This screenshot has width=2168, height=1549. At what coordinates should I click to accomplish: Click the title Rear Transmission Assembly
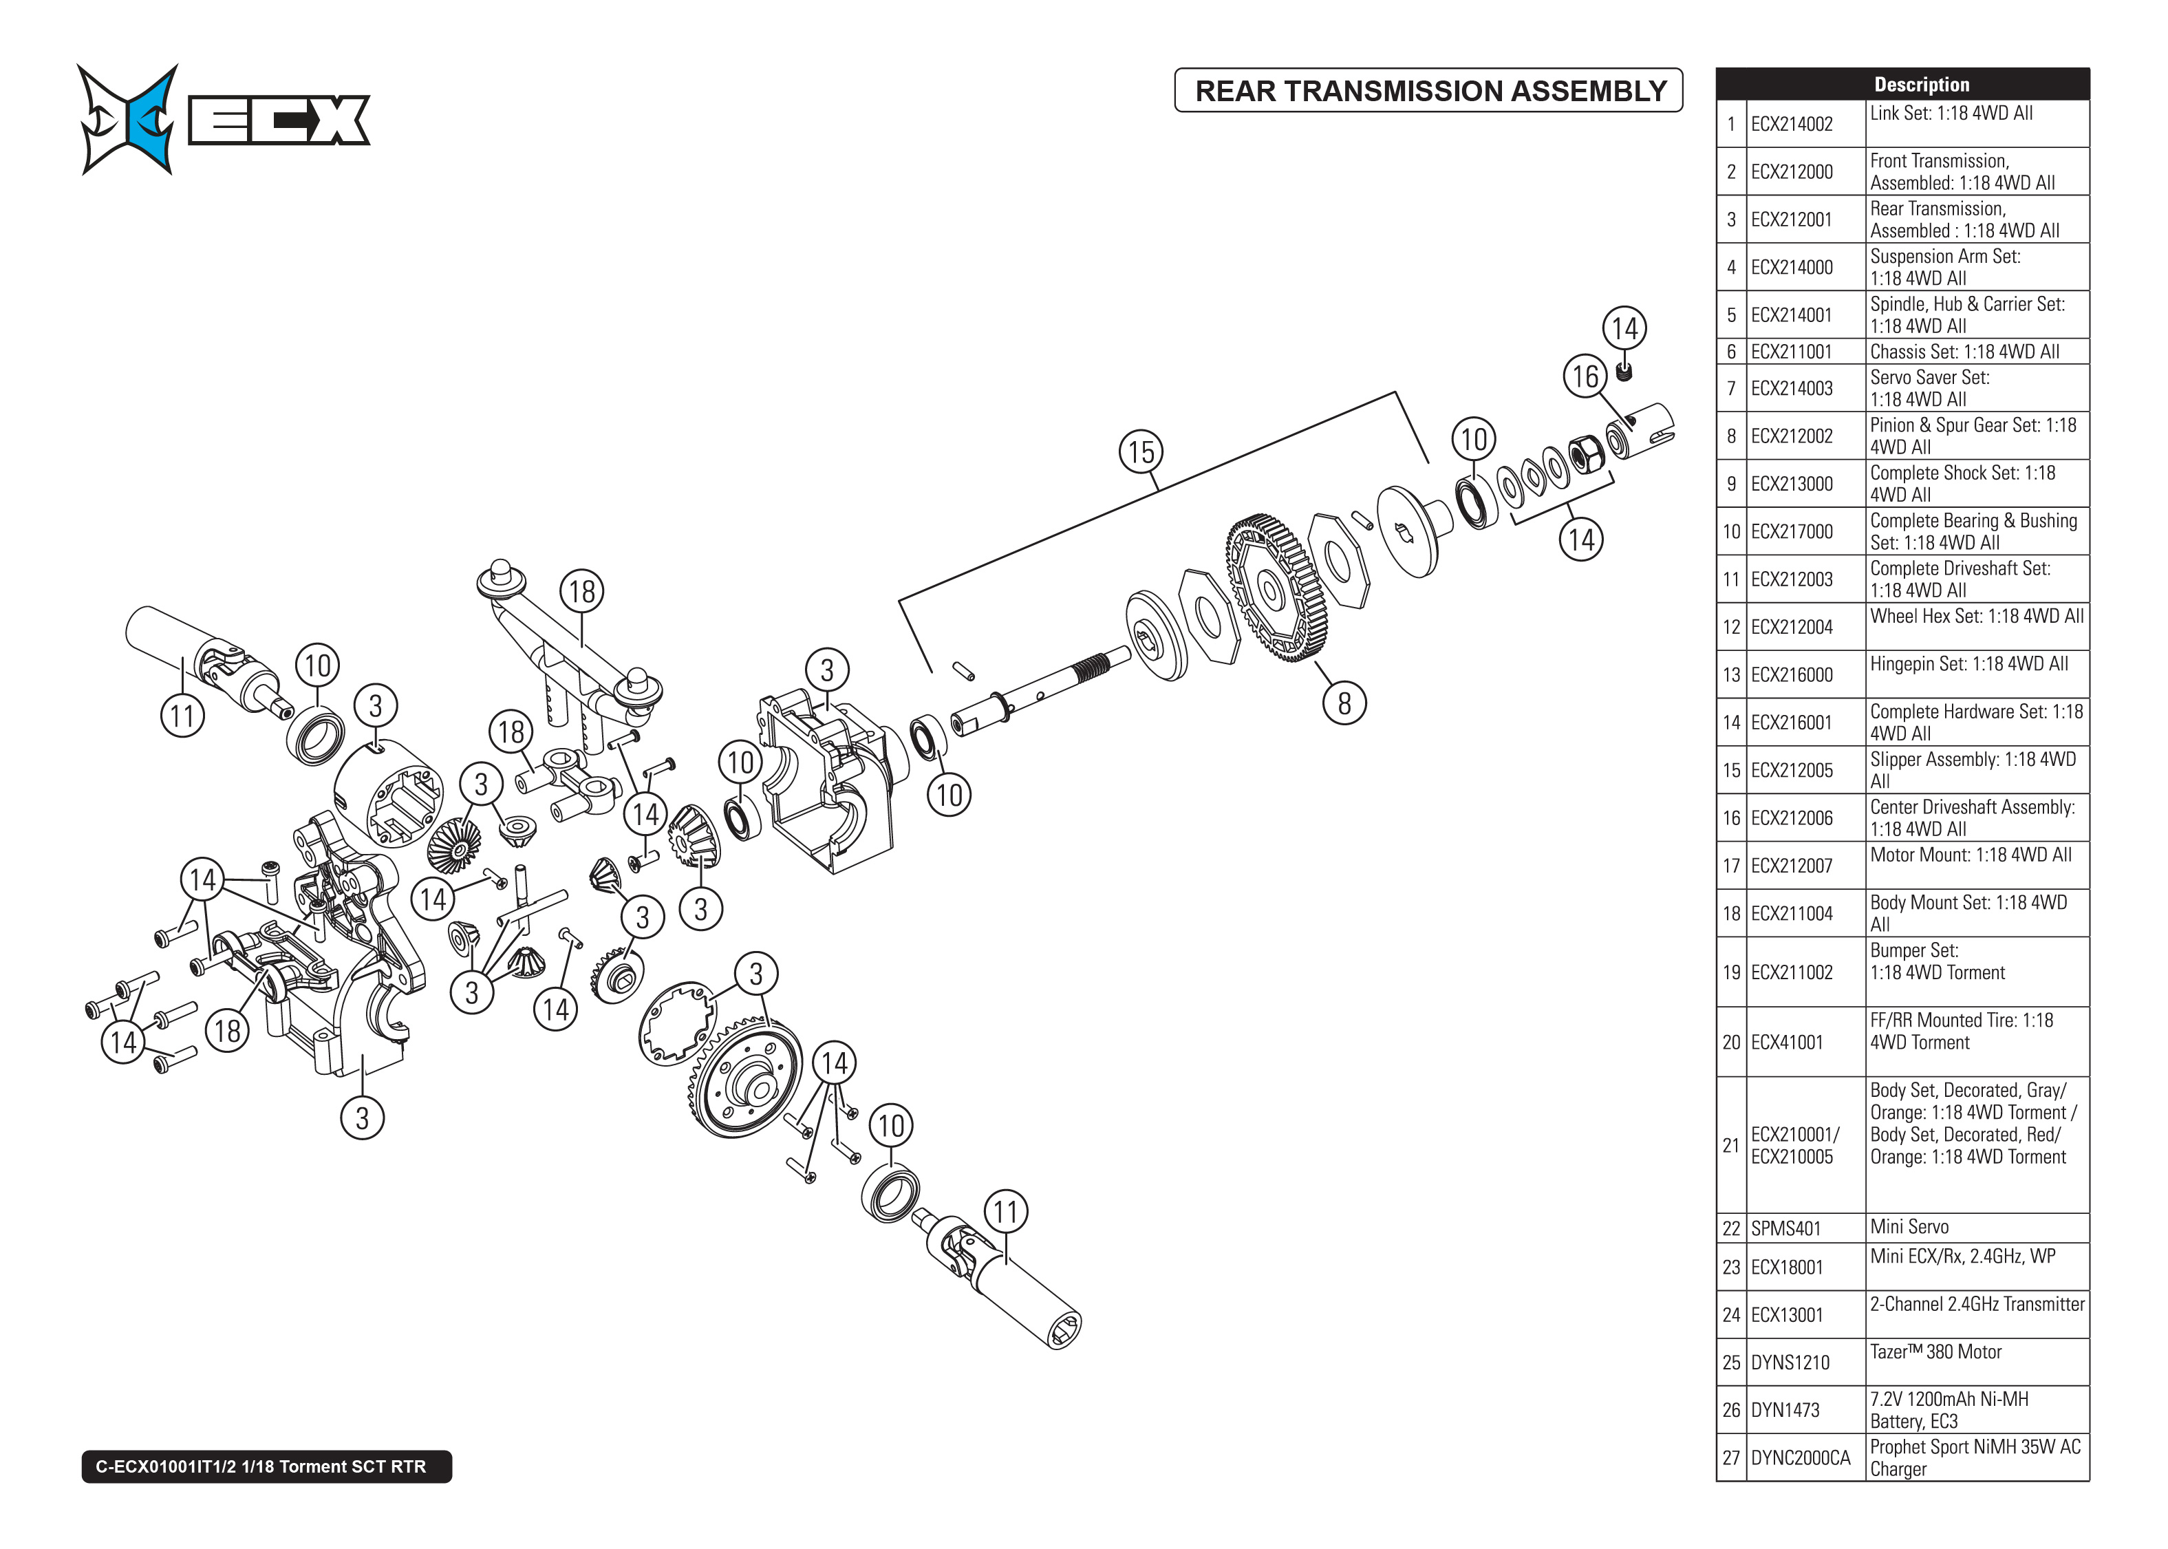(x=1429, y=91)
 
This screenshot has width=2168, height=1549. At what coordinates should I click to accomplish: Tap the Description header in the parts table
(x=1920, y=84)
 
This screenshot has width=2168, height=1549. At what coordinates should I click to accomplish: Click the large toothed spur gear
(x=1275, y=588)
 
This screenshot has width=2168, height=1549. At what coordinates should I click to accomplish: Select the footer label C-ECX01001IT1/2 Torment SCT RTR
(x=266, y=1466)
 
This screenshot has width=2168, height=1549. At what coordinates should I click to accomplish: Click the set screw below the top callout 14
(x=1624, y=370)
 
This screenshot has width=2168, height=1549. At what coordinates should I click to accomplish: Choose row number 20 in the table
(x=1730, y=1042)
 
